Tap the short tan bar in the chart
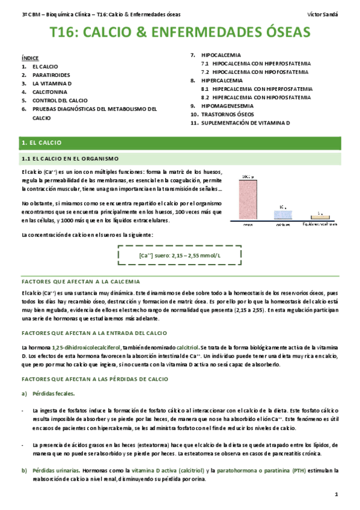tap(321, 217)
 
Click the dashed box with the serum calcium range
tap(180, 256)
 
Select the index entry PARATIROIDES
tap(52, 76)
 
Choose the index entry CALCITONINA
tap(50, 93)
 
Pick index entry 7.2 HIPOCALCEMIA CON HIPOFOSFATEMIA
tap(257, 72)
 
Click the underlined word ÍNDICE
tap(29, 58)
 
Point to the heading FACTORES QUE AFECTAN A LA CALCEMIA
tap(81, 281)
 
